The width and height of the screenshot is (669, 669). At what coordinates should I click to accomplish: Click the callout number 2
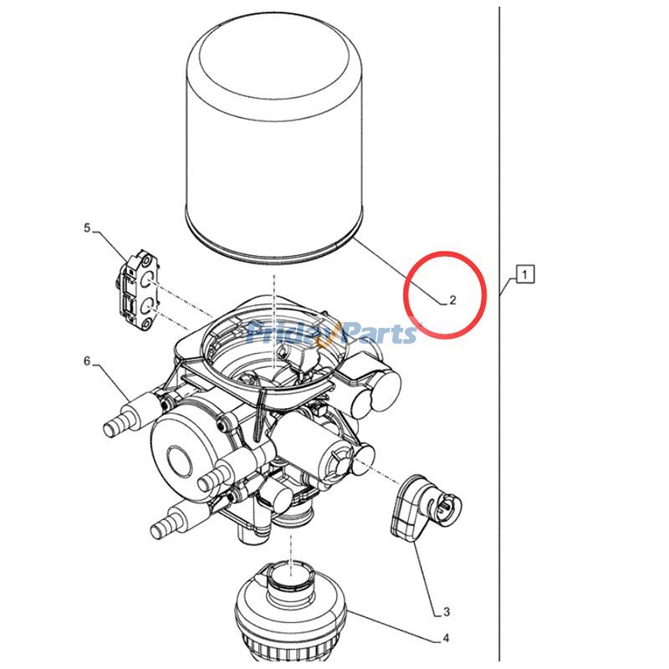452,300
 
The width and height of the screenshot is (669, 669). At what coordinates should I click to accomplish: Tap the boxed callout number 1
525,274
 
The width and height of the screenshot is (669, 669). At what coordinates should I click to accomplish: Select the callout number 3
447,612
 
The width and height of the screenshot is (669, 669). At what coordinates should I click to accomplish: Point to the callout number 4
446,638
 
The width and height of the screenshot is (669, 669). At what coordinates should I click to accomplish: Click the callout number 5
88,228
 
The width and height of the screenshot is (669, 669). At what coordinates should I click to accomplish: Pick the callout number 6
87,361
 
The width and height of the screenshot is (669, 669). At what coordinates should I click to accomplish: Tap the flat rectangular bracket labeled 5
138,289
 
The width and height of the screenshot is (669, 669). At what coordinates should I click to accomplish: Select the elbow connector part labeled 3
426,508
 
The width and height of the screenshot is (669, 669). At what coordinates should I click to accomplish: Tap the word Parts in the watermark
377,333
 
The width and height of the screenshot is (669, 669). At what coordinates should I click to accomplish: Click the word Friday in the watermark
289,334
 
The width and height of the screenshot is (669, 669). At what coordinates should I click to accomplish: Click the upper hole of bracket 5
146,280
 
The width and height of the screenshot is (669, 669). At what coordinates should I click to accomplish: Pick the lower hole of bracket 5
146,305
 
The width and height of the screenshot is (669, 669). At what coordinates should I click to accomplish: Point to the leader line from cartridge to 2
399,271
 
